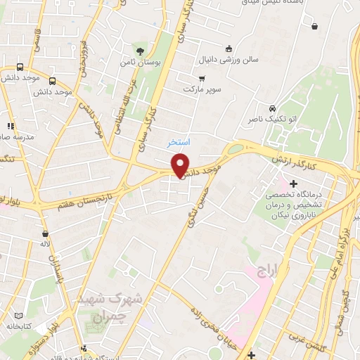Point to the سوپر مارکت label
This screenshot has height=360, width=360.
click(202, 89)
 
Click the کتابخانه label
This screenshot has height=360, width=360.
click(20, 326)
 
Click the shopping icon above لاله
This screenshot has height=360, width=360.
click(46, 233)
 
